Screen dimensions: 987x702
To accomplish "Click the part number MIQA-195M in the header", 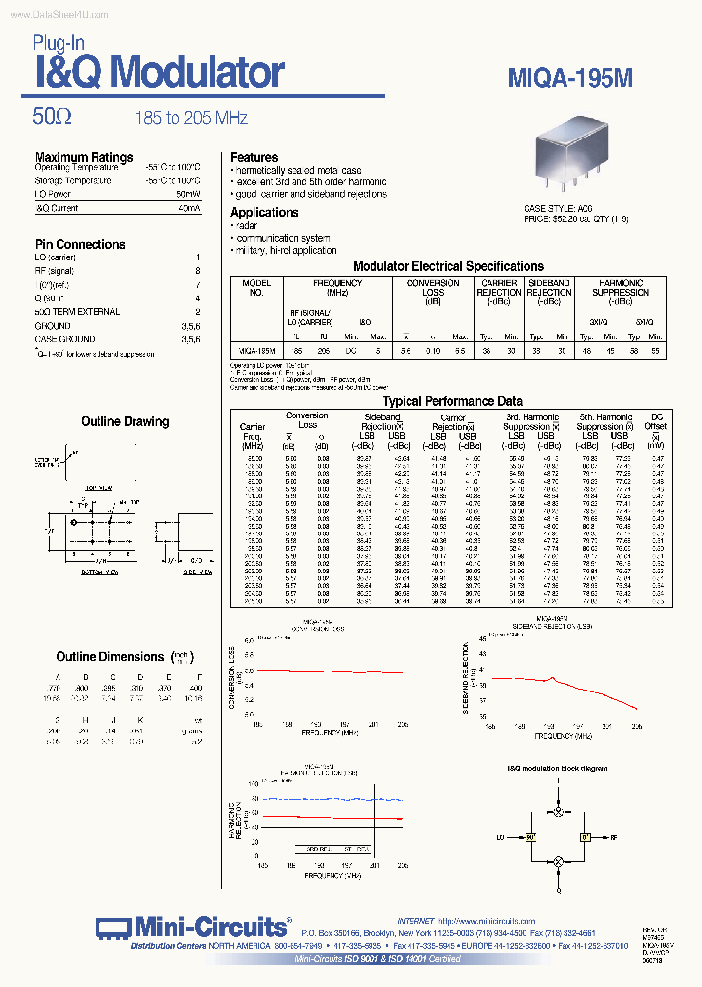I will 570,78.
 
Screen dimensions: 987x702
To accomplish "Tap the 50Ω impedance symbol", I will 53,117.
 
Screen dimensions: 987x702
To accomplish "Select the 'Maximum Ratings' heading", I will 84,157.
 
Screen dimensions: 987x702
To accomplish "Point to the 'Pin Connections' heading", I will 80,244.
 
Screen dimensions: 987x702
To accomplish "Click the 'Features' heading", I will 253,157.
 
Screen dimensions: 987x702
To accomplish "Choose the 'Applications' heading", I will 264,212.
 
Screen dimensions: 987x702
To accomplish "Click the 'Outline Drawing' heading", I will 126,421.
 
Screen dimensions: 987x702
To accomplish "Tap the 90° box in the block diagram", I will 532,837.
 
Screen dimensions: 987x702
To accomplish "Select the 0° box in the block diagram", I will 586,837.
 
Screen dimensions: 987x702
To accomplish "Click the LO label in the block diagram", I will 501,837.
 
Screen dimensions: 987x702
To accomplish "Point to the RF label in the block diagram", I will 614,837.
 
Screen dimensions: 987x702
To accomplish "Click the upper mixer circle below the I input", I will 559,811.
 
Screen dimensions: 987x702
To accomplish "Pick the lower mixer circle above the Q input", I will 559,862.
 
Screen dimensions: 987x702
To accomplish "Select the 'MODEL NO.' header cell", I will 256,288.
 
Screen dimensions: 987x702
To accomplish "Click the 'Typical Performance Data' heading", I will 452,401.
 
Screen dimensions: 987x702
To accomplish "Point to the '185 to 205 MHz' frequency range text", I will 191,118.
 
